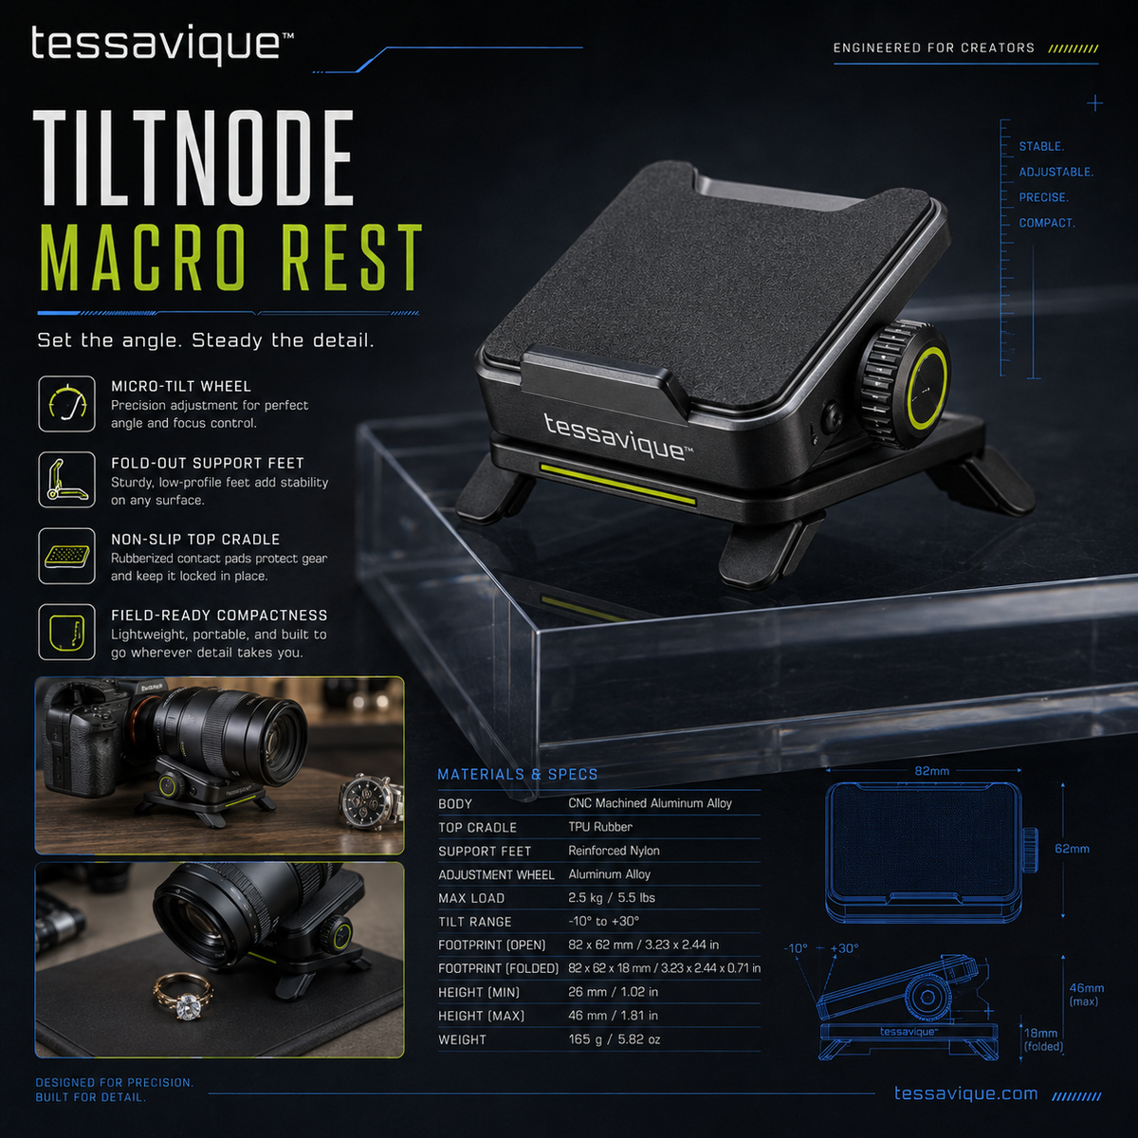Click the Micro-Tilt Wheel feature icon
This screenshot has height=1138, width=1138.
pyautogui.click(x=66, y=404)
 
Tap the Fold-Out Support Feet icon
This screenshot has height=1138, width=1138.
pyautogui.click(x=66, y=480)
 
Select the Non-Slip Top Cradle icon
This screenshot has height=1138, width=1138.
pyautogui.click(x=66, y=557)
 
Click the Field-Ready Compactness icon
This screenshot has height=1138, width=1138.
pyautogui.click(x=66, y=632)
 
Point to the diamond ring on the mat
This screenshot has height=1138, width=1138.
pyautogui.click(x=184, y=1001)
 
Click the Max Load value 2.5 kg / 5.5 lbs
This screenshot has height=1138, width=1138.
pyautogui.click(x=612, y=898)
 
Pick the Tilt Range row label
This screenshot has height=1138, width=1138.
pyautogui.click(x=475, y=922)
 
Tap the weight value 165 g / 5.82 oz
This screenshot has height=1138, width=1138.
pyautogui.click(x=615, y=1039)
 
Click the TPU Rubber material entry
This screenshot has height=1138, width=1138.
pyautogui.click(x=600, y=827)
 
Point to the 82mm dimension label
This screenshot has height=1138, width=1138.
pyautogui.click(x=931, y=771)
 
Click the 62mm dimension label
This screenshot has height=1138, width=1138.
pyautogui.click(x=1072, y=849)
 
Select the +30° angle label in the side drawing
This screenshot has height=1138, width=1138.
pyautogui.click(x=844, y=948)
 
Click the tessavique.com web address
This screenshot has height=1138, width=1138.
pyautogui.click(x=965, y=1093)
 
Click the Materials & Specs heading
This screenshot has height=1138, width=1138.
pyautogui.click(x=518, y=774)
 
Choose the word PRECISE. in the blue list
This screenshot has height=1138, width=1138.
pyautogui.click(x=1043, y=197)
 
